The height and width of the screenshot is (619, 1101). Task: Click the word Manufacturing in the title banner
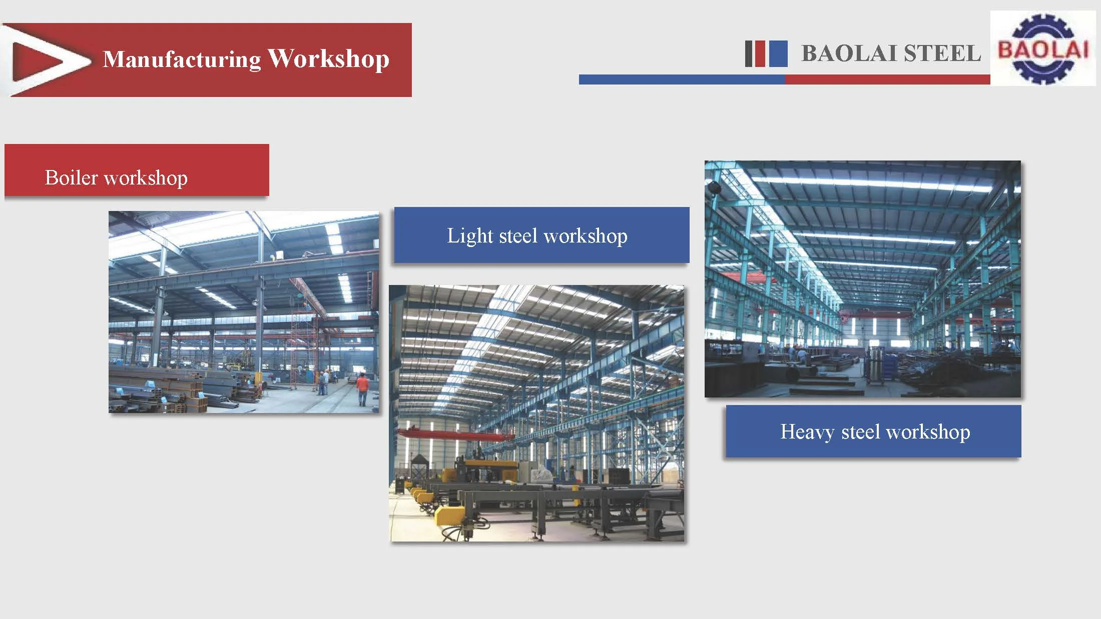coord(182,59)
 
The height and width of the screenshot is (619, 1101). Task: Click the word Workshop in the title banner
coord(328,58)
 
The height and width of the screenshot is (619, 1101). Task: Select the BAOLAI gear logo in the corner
coord(1043,48)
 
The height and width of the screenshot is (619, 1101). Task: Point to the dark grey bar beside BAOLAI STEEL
coord(749,53)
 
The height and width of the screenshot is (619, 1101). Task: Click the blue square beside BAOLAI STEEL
coord(778,53)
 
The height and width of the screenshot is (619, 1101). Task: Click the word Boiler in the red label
coord(71,177)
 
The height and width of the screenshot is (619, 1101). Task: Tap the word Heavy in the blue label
coord(807,431)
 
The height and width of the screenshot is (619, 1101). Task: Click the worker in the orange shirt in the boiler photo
coord(362,387)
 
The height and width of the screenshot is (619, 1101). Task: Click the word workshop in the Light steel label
coord(585,235)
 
